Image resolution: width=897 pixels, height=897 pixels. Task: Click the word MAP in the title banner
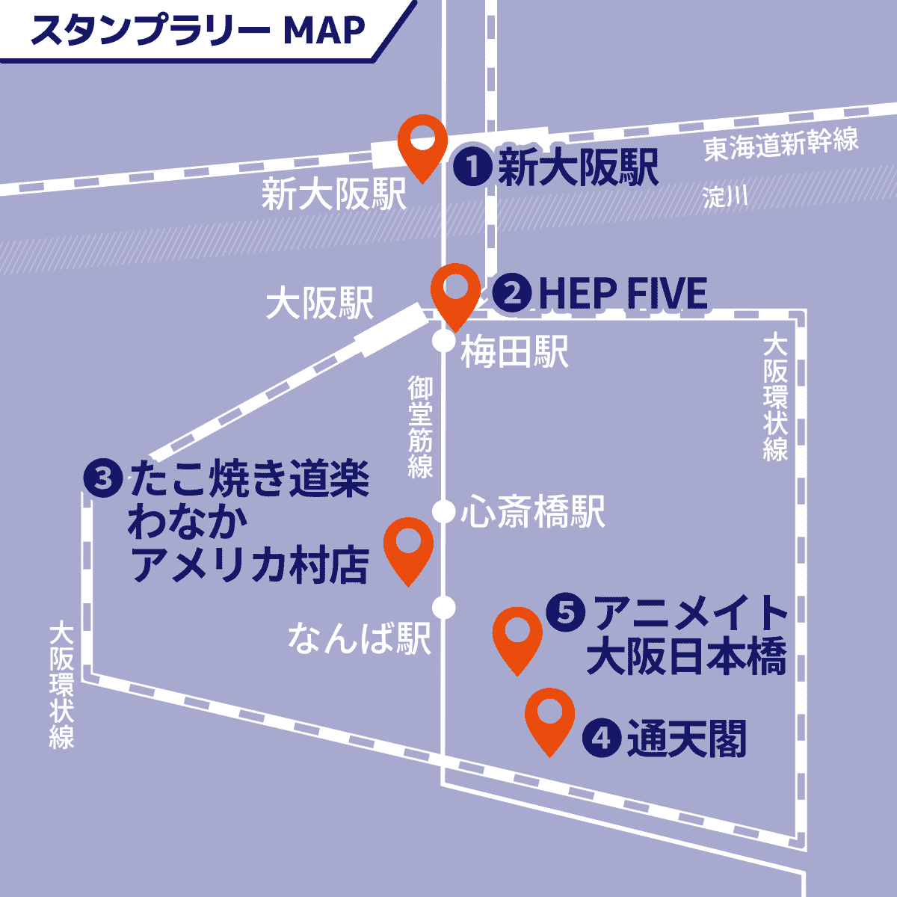click(x=326, y=30)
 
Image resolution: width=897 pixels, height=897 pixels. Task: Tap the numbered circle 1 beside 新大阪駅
click(x=472, y=167)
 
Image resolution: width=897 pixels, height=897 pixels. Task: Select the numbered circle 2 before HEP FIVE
click(x=512, y=293)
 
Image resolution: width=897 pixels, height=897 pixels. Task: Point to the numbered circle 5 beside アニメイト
click(x=566, y=613)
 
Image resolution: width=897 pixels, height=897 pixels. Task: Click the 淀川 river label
click(x=725, y=197)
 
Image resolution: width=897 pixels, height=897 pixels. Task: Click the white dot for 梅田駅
click(x=444, y=342)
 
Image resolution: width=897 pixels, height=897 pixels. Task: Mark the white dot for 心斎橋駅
click(x=444, y=512)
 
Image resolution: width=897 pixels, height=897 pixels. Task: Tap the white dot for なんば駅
click(x=444, y=607)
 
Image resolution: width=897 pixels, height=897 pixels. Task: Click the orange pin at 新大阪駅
click(x=422, y=142)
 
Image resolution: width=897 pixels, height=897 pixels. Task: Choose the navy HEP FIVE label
click(x=623, y=293)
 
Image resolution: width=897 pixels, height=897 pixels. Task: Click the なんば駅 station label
click(x=360, y=639)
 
